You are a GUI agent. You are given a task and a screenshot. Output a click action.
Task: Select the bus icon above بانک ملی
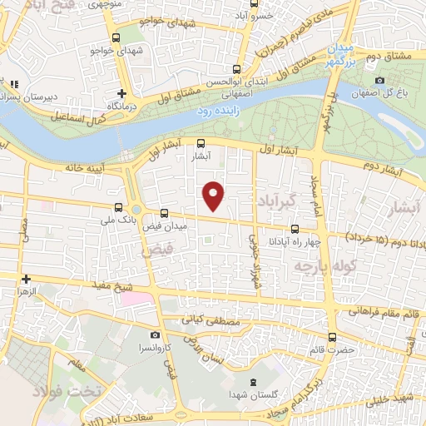pyautogui.click(x=117, y=207)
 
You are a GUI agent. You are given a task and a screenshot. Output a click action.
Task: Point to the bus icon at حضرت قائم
pyautogui.click(x=333, y=337)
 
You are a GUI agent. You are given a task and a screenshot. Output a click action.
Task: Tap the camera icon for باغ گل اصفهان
pyautogui.click(x=379, y=81)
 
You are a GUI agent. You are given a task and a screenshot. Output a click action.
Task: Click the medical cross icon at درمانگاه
pyautogui.click(x=122, y=93)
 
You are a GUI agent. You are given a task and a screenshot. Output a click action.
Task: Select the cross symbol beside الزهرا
pyautogui.click(x=27, y=279)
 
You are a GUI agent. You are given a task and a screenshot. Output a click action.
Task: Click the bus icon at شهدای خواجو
pyautogui.click(x=116, y=37)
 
